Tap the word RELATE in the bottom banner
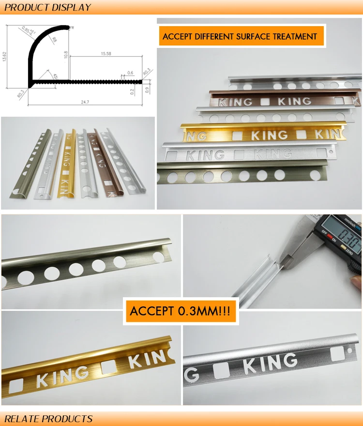pyautogui.click(x=22, y=419)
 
